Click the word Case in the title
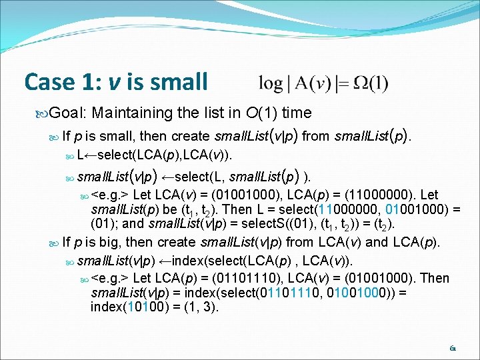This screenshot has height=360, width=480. [x=48, y=81]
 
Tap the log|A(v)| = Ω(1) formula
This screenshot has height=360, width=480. [x=323, y=83]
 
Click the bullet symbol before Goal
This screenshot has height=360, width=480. [x=44, y=113]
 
